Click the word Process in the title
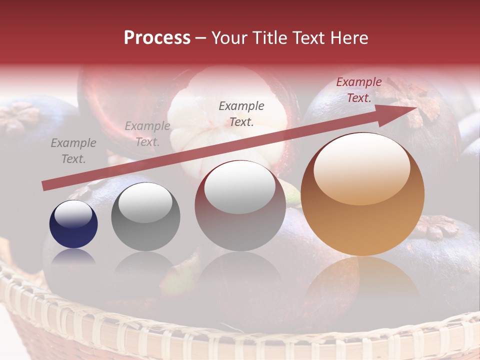[x=157, y=38]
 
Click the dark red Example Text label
[x=358, y=90]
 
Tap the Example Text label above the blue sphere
[x=73, y=151]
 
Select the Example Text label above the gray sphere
[x=147, y=134]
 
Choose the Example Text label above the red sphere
[x=241, y=113]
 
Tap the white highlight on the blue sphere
[x=73, y=214]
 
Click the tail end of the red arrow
[x=46, y=185]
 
